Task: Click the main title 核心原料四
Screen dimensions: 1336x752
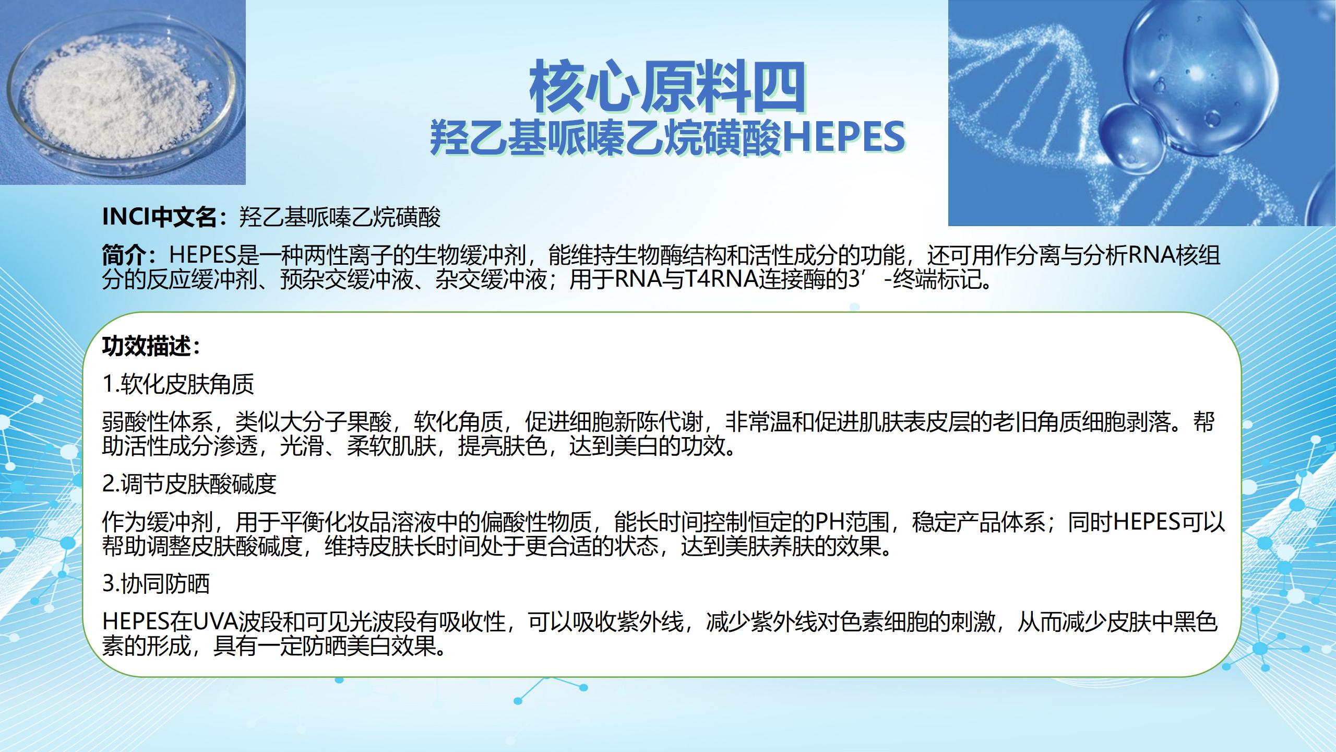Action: pyautogui.click(x=667, y=87)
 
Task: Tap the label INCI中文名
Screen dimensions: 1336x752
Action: pyautogui.click(x=159, y=217)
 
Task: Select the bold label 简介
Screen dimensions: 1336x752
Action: pyautogui.click(x=124, y=255)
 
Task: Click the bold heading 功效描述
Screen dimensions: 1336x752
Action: pyautogui.click(x=147, y=346)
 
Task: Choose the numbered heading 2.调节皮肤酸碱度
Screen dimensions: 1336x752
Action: pyautogui.click(x=189, y=484)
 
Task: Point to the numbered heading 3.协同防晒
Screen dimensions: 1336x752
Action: pyautogui.click(x=156, y=583)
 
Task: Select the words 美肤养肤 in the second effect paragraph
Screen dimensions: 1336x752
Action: pyautogui.click(x=769, y=546)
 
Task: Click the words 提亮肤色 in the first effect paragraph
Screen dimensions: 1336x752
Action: pyautogui.click(x=502, y=446)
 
